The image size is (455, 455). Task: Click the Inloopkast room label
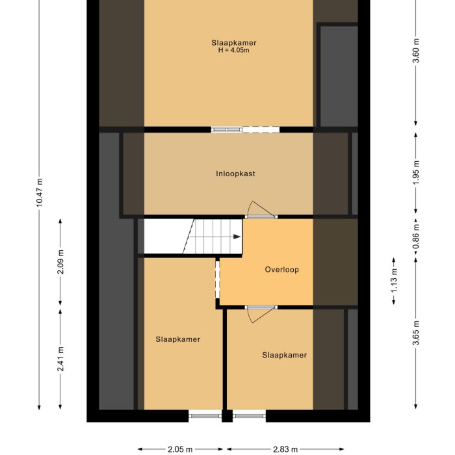[235, 174]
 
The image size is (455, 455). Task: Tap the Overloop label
[282, 269]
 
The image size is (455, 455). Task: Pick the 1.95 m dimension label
[416, 172]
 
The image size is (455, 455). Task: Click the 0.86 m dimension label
[416, 237]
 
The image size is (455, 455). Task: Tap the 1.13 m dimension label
[394, 281]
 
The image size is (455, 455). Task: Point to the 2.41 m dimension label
[60, 359]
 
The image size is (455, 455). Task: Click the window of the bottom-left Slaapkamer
[205, 413]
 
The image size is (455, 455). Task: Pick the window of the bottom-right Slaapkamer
[249, 413]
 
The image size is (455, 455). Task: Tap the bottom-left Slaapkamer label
[177, 339]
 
